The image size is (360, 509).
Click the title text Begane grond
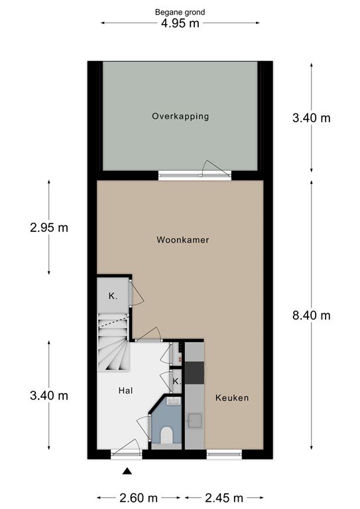click(180, 13)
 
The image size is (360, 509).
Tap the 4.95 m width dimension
click(180, 23)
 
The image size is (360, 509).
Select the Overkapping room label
click(180, 116)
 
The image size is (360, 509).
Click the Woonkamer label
click(183, 240)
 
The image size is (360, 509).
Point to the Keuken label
click(232, 398)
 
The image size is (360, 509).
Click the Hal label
click(125, 390)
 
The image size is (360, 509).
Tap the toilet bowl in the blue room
click(167, 435)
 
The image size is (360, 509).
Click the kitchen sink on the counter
click(194, 420)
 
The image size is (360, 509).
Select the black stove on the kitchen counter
click(194, 373)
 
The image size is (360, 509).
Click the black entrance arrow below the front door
click(127, 471)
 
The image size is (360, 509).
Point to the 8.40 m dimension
click(312, 315)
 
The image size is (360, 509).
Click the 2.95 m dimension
click(49, 227)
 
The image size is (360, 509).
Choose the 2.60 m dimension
click(139, 498)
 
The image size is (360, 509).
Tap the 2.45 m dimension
click(224, 498)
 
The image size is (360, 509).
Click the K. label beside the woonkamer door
click(113, 296)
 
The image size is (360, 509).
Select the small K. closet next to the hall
click(176, 382)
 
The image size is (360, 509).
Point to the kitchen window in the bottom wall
click(224, 454)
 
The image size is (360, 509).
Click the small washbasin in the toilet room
click(174, 401)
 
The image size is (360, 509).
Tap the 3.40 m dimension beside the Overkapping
click(312, 118)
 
